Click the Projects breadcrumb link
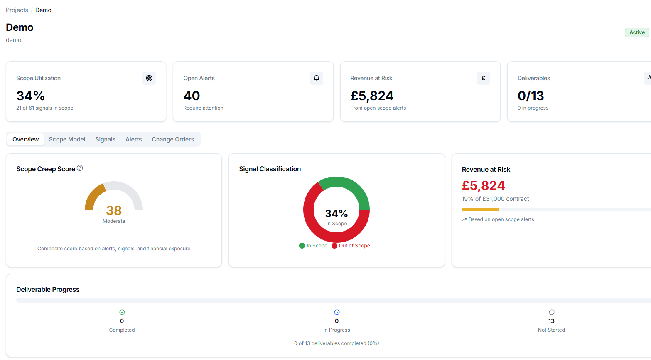[x=17, y=10]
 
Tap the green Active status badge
[x=636, y=32]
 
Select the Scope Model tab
[x=67, y=139]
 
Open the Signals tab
[x=105, y=139]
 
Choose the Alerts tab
[x=133, y=139]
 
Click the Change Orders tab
[x=173, y=139]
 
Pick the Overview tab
[x=26, y=139]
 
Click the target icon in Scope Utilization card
[x=149, y=78]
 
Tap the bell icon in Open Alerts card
[x=317, y=78]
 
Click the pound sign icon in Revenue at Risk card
[x=483, y=78]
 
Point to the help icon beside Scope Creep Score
[x=80, y=168]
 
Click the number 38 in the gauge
[x=114, y=210]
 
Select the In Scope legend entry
[x=313, y=246]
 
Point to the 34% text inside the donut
[x=337, y=214]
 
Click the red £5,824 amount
[x=483, y=185]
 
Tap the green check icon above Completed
[x=122, y=312]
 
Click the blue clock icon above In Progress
[x=337, y=312]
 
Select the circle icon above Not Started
[x=552, y=312]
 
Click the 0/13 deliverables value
[x=531, y=96]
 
